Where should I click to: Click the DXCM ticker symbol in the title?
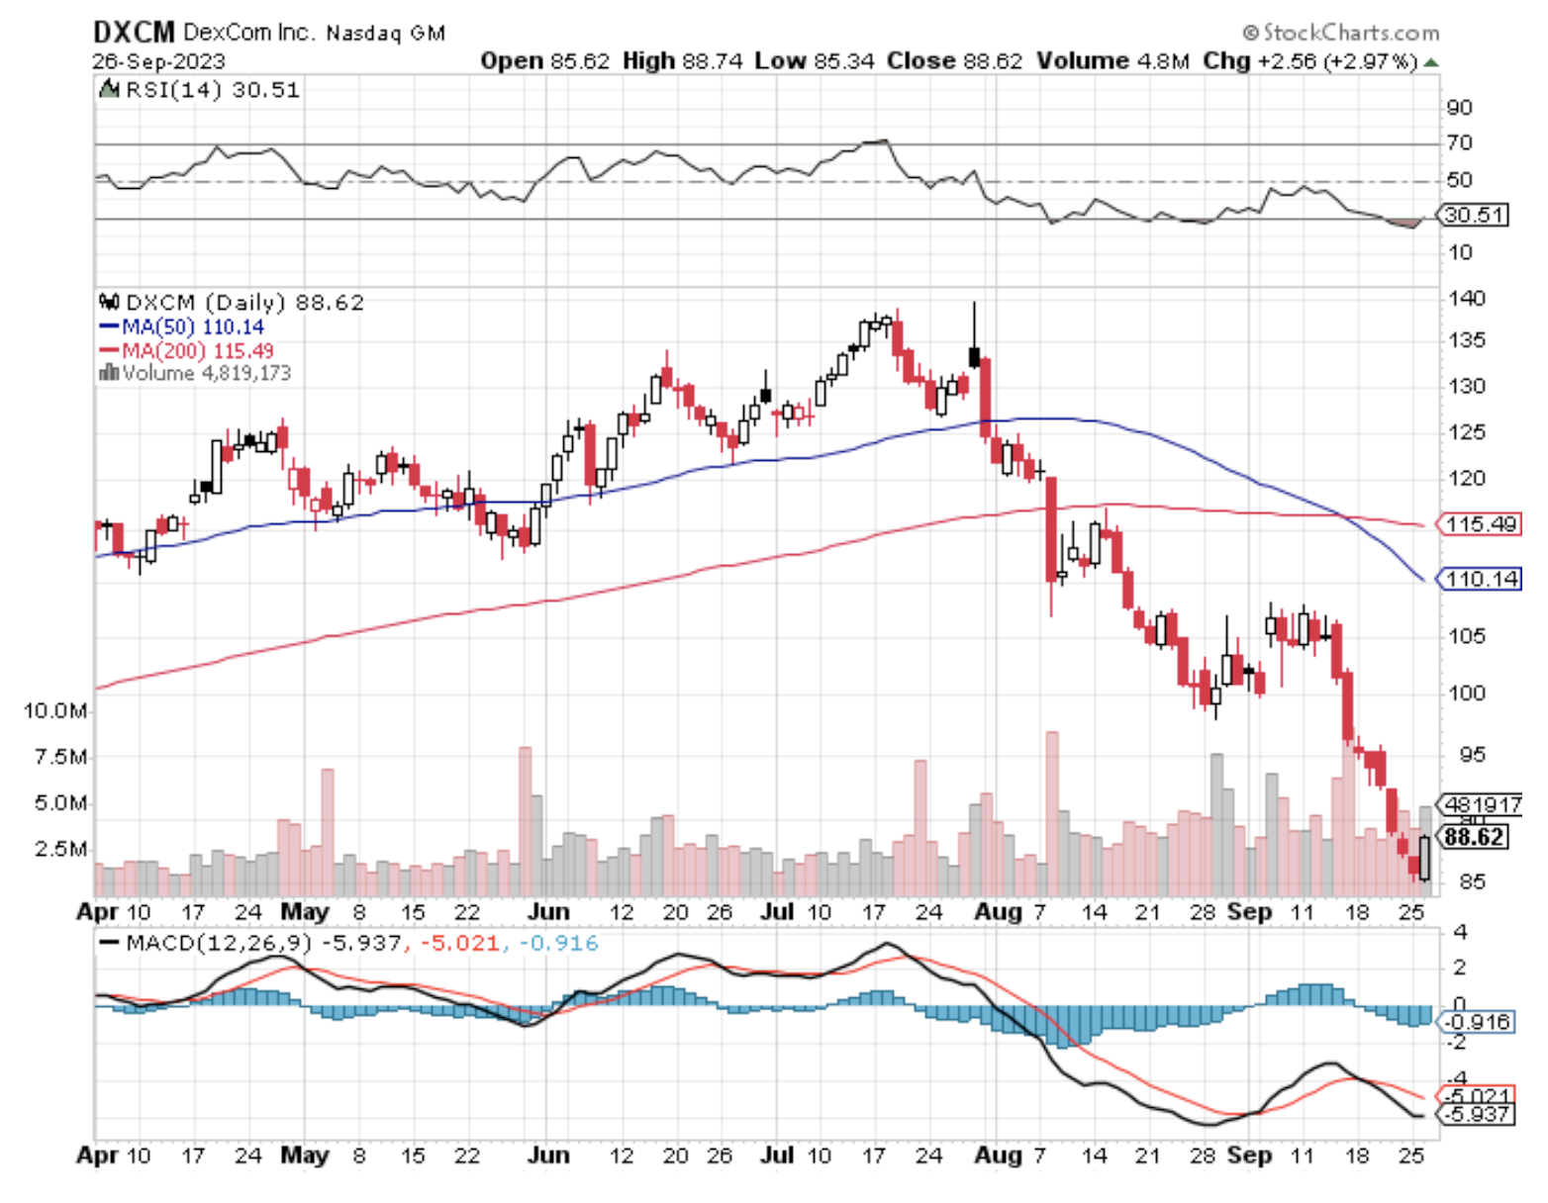coord(134,33)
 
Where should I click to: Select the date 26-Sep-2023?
coord(159,61)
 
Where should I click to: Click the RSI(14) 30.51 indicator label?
coord(212,90)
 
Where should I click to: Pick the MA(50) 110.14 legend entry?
coord(182,327)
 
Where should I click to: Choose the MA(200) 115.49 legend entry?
coord(187,351)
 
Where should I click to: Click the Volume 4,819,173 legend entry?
coord(196,374)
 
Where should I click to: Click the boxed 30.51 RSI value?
coord(1474,215)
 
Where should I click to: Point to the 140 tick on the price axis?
coord(1466,299)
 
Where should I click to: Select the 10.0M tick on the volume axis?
coord(55,711)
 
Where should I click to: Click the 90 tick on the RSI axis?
coord(1459,108)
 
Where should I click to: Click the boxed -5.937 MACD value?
coord(1478,1115)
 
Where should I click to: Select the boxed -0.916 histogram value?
coord(1478,1022)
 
